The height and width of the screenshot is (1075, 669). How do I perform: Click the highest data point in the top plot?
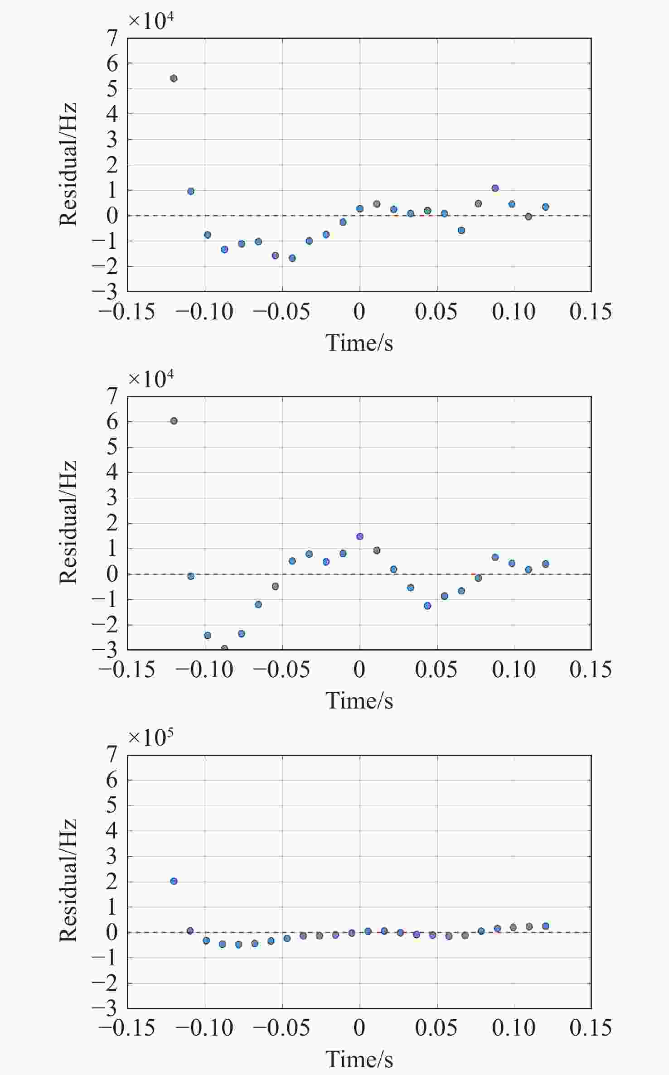point(174,78)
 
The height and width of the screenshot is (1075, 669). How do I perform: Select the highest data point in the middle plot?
point(174,421)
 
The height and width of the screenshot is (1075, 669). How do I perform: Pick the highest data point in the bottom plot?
point(174,881)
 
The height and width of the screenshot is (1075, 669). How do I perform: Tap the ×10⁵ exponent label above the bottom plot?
point(150,737)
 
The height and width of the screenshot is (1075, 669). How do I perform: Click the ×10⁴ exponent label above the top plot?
point(150,20)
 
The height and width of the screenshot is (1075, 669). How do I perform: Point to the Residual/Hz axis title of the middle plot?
point(68,522)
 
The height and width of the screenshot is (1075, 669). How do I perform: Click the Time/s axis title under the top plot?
point(359,342)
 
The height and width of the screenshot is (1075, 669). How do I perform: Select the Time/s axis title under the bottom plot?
point(359,1059)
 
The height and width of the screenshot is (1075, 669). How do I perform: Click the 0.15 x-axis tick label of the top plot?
point(591,312)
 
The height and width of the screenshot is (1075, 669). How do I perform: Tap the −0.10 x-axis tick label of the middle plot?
point(204,670)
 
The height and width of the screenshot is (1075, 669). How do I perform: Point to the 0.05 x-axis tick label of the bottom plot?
point(436,1028)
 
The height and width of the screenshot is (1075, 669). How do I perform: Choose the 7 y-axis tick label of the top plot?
point(112,39)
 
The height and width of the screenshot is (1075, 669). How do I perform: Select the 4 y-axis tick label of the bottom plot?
point(112,831)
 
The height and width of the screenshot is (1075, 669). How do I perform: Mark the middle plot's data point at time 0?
point(360,536)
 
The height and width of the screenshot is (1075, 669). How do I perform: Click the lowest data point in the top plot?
point(292,258)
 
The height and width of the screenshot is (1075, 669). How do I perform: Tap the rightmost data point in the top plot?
point(546,207)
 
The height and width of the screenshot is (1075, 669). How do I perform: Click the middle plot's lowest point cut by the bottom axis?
point(224,648)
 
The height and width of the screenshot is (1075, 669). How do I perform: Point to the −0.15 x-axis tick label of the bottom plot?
point(127,1028)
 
